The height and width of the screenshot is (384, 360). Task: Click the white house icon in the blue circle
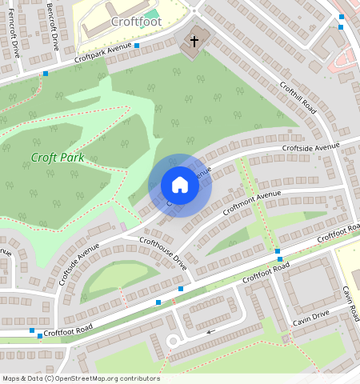[x=180, y=186]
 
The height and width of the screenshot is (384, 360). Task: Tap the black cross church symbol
[x=193, y=41]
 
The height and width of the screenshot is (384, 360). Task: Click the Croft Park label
[x=58, y=158]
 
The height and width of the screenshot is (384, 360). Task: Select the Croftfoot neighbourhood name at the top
[x=136, y=22]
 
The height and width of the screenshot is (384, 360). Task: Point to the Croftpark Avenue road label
[x=102, y=54]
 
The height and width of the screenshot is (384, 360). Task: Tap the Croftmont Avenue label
[x=252, y=202]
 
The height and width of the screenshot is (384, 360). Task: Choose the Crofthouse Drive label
[x=163, y=253]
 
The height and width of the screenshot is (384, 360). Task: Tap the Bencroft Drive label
[x=53, y=26]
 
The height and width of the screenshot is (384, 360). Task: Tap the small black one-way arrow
[x=210, y=330]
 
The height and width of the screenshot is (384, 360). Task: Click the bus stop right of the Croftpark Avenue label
[x=137, y=46]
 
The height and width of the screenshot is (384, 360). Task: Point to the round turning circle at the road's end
[x=171, y=342]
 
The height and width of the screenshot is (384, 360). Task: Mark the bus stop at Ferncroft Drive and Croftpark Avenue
[x=45, y=74]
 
